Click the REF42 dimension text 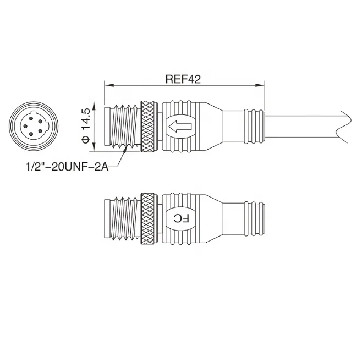183,79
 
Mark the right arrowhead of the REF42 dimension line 262,86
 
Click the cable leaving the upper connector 303,127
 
